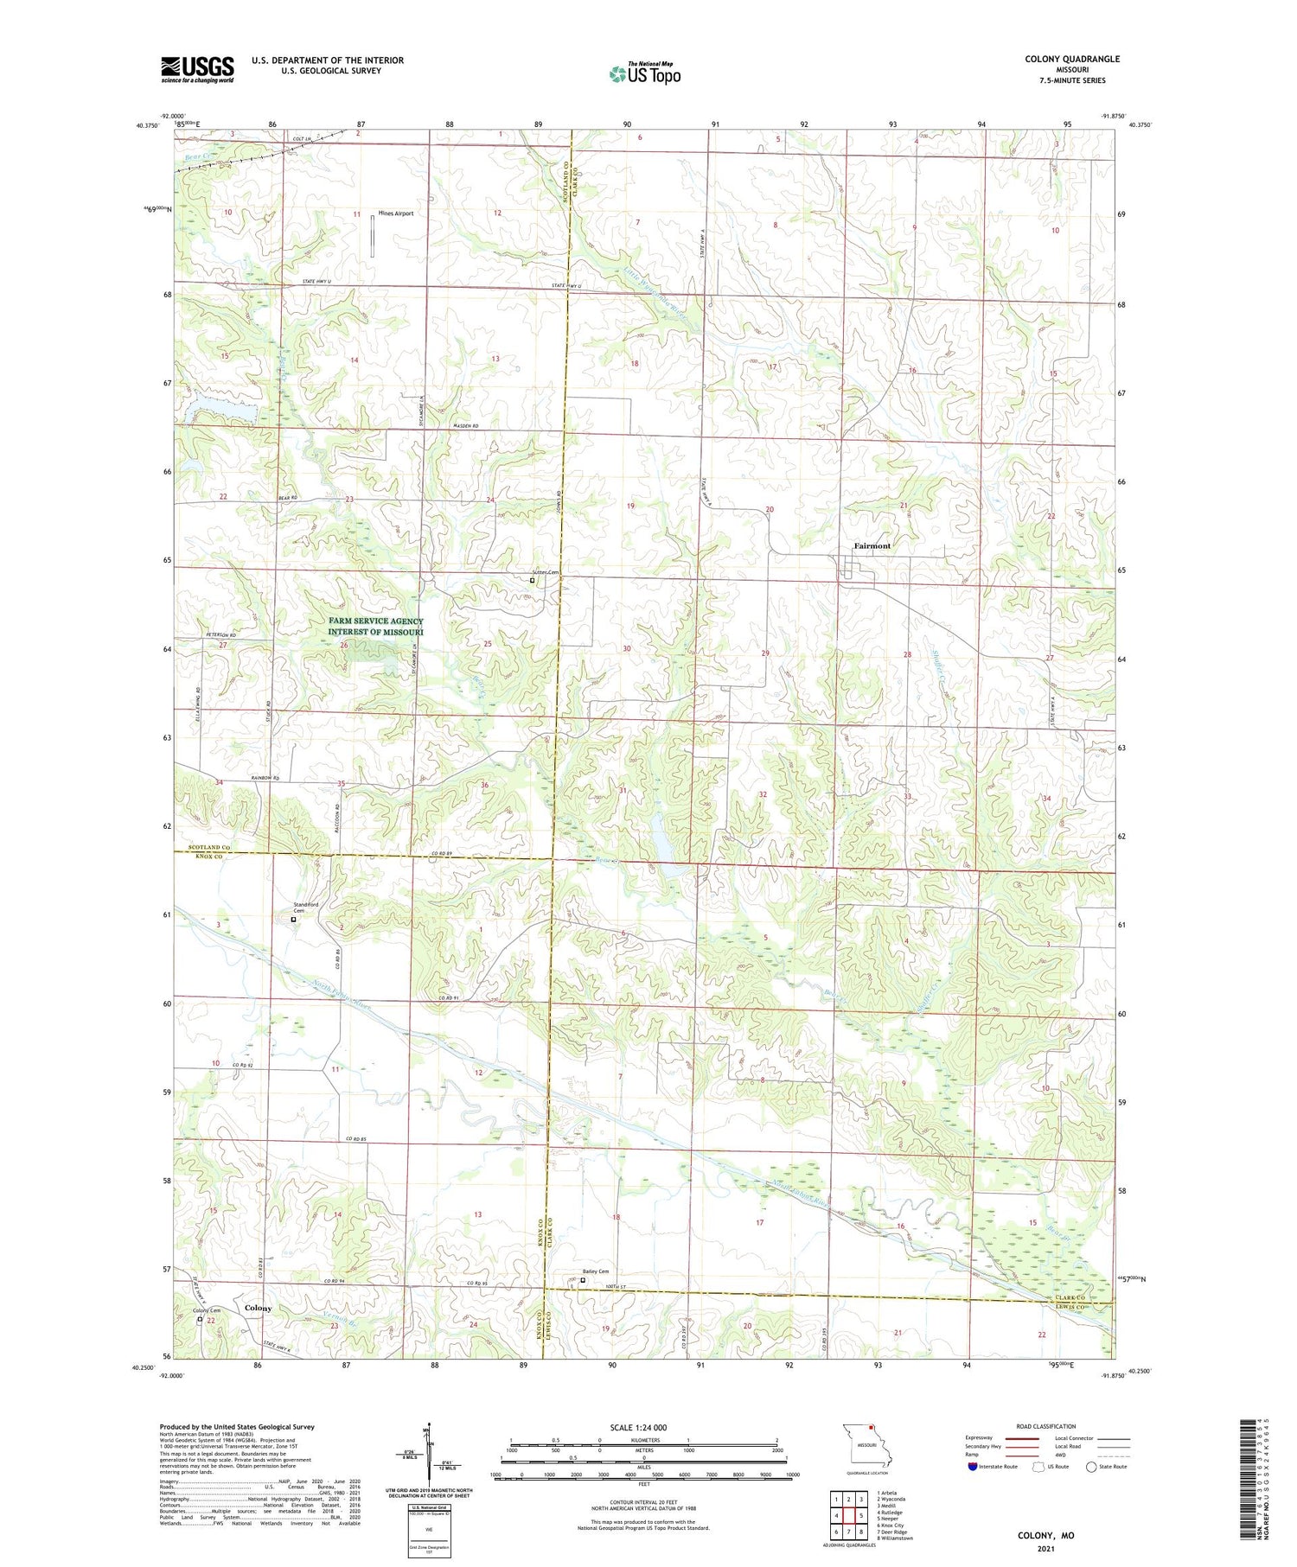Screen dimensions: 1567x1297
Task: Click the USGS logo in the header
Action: click(197, 69)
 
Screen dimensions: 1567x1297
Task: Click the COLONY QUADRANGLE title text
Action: click(1071, 59)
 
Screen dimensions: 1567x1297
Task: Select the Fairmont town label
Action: click(872, 546)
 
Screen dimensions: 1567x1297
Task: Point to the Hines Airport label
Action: click(395, 213)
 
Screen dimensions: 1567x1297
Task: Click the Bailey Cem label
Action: click(595, 1271)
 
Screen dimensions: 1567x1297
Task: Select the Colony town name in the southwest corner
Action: click(258, 1308)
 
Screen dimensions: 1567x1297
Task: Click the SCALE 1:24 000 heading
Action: click(638, 1427)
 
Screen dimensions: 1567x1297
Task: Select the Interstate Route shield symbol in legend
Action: click(973, 1467)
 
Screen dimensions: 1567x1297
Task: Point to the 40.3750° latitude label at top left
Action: click(147, 125)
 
